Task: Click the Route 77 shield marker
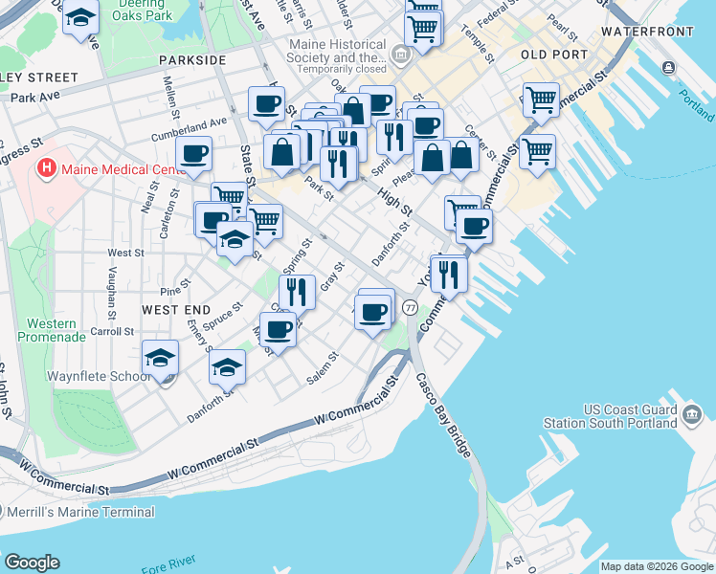point(410,307)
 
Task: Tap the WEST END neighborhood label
point(175,310)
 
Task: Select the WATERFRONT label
point(647,32)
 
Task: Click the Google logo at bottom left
point(32,563)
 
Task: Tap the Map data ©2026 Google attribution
point(657,566)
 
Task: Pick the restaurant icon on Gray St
point(298,291)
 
